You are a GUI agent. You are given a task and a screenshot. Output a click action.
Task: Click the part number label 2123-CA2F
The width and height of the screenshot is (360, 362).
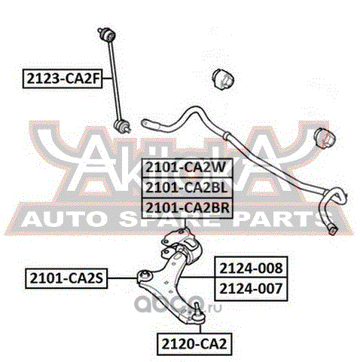tap(63, 78)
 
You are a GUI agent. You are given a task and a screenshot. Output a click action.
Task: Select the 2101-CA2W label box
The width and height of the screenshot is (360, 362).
tap(188, 168)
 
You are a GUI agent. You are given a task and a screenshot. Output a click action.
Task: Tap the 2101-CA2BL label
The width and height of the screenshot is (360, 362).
tap(188, 188)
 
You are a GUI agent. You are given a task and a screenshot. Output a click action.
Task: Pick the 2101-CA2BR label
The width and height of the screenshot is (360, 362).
tap(188, 208)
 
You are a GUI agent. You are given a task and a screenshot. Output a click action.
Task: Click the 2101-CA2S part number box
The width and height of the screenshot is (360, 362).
tap(66, 278)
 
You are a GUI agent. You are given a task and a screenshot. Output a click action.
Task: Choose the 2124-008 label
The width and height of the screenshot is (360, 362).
tap(251, 267)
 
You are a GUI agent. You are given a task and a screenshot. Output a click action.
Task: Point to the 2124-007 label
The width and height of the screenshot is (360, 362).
tap(251, 289)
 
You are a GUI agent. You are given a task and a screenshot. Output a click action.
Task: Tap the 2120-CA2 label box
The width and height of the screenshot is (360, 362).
tap(194, 344)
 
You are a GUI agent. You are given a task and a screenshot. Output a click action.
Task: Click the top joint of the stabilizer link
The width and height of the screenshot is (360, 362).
tap(107, 34)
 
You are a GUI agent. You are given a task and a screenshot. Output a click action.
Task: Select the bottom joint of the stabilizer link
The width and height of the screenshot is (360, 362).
tap(122, 126)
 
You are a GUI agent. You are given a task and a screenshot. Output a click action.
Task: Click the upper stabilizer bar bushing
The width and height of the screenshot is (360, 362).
tap(223, 79)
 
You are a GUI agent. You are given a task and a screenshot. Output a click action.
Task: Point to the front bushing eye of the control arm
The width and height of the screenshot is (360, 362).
tap(145, 276)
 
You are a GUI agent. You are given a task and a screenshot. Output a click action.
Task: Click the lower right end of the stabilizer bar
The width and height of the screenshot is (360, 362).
tap(333, 229)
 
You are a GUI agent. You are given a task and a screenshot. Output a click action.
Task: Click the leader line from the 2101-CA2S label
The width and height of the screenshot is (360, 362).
tap(123, 278)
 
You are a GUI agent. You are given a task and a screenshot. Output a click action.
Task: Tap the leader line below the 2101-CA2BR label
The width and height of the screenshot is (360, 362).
tap(185, 222)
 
